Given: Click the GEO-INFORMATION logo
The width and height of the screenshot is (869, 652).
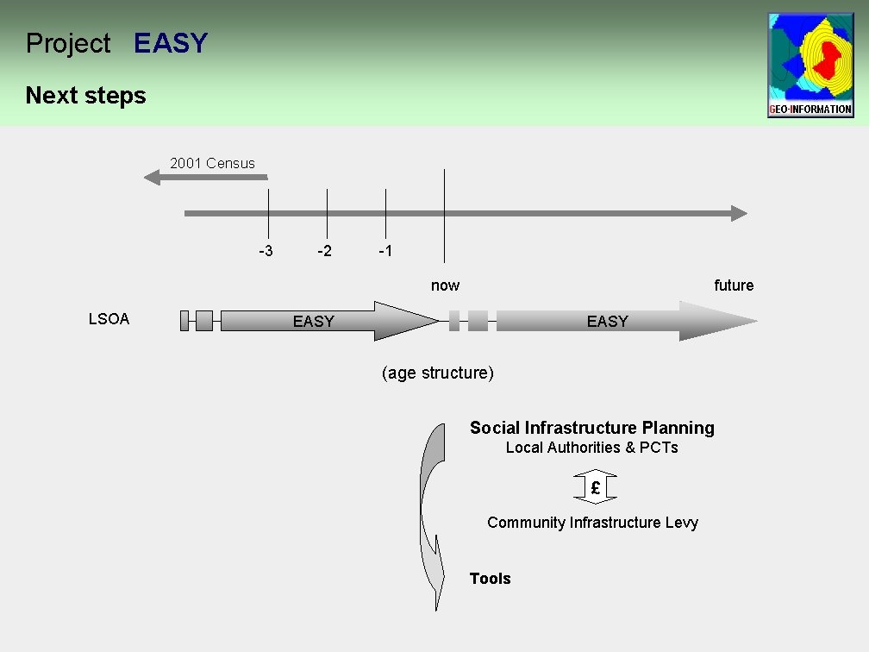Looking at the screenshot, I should coord(810,65).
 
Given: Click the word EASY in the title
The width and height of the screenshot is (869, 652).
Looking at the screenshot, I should coord(171,43).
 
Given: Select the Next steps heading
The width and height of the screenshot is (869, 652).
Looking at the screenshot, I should coord(85,95).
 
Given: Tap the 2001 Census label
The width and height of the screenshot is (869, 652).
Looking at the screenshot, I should coord(212,162).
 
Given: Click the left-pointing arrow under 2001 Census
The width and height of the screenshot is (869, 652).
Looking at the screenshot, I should coord(204,178).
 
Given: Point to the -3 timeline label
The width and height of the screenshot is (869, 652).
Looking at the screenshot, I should coord(266,251).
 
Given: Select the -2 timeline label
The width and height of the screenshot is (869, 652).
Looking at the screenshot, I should coord(324,251).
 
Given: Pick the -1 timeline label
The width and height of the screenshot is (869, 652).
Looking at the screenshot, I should coord(385,251).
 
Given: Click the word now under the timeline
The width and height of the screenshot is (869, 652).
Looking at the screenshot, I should coord(445,285).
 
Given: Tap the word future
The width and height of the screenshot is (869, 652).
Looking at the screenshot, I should coord(733,285).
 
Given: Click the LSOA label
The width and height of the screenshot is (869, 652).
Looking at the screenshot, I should coord(109,319).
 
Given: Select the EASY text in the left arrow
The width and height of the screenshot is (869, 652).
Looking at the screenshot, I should coord(313,322).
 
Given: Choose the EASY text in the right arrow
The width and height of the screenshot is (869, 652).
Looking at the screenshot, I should coord(607,322).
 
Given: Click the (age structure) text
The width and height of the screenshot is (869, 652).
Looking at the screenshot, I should coord(437,373).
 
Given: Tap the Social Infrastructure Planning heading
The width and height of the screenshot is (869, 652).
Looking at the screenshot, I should coord(591,428).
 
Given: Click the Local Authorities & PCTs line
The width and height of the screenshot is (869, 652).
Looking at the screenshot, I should coord(591,448).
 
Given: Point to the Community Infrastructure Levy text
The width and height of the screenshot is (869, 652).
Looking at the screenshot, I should coord(592,523).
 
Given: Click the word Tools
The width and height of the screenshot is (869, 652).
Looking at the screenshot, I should coord(490,579).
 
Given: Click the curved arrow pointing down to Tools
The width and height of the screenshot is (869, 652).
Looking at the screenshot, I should coord(431,517).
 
